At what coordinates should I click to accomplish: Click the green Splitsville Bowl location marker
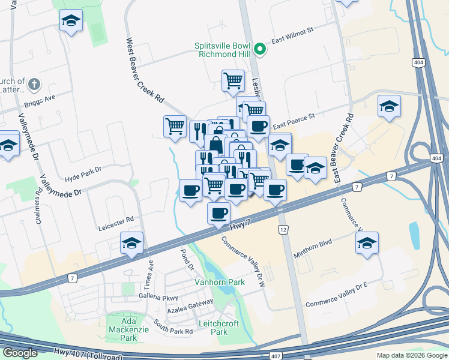point(260,49)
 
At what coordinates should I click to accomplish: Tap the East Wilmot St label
point(293,37)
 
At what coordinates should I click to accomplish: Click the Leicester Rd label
point(117,221)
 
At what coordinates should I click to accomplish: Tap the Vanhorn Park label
point(211,281)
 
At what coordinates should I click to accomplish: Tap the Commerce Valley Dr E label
point(336,295)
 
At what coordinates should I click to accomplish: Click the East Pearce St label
point(294,122)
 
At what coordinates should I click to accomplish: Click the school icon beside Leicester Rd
point(131,243)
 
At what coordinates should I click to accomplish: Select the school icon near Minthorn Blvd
point(367,243)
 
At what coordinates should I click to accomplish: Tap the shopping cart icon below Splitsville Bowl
point(233,80)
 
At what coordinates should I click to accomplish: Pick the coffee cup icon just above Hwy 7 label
point(218,213)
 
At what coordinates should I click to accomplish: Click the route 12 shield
point(282,230)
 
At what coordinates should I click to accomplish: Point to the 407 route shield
point(275,356)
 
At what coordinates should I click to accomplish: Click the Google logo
point(20,353)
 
